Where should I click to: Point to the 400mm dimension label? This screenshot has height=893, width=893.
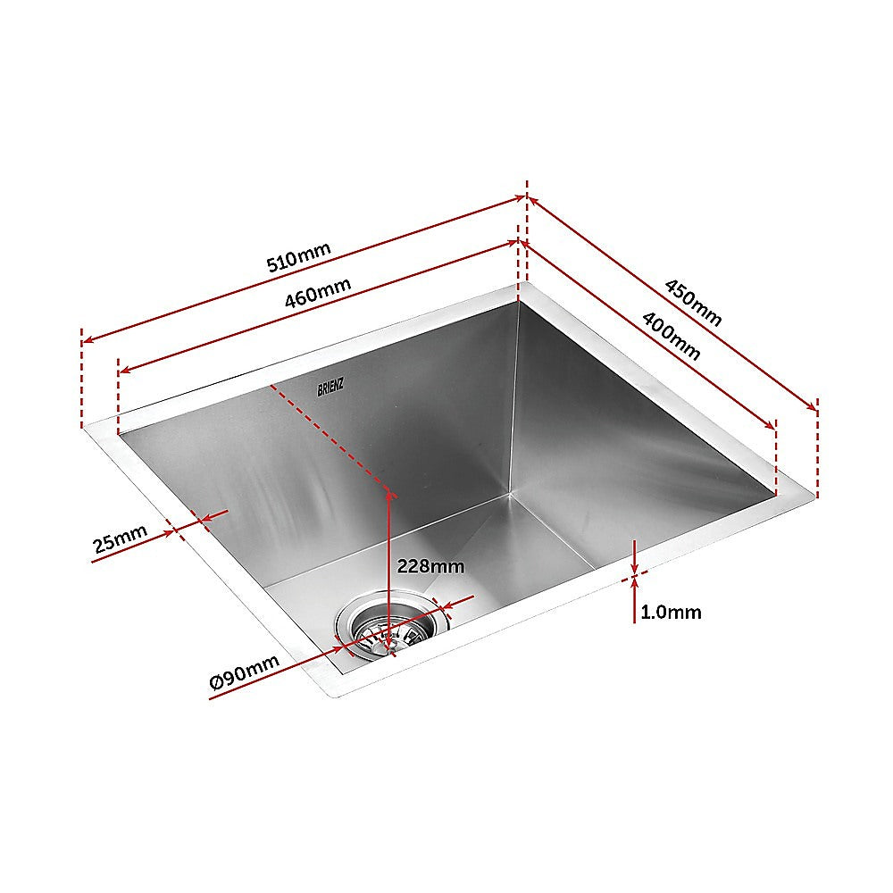click(672, 332)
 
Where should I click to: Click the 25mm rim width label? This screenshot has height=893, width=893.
click(119, 540)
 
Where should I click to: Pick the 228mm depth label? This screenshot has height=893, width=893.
click(431, 566)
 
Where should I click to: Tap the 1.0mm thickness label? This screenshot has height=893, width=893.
click(671, 613)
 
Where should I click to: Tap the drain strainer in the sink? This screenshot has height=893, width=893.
click(390, 627)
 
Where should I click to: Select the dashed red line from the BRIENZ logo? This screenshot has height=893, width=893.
click(330, 438)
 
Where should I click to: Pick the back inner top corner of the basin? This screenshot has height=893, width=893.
click(517, 302)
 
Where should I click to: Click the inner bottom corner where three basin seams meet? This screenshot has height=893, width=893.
click(510, 491)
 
